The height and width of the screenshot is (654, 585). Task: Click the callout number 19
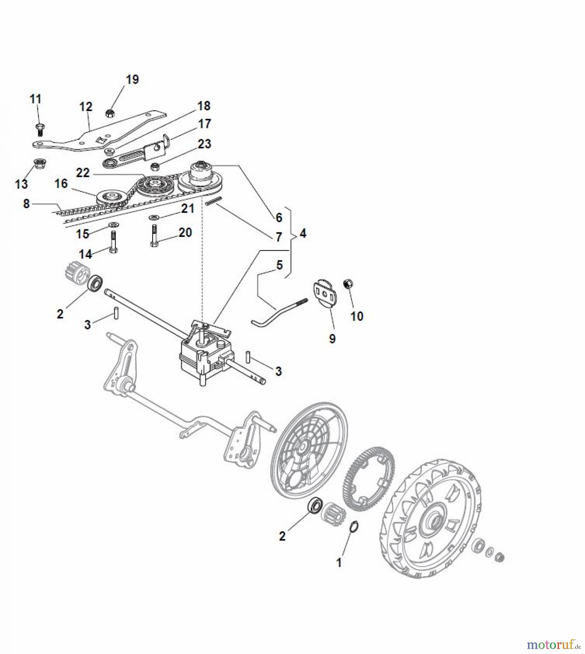click(132, 80)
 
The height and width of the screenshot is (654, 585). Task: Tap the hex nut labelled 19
click(110, 113)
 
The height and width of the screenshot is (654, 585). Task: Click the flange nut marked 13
click(38, 164)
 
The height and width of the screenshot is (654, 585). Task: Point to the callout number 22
click(83, 173)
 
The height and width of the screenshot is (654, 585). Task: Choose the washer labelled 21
click(153, 217)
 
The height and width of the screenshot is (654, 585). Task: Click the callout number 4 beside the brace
click(303, 233)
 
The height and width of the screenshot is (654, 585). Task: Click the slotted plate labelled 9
click(325, 294)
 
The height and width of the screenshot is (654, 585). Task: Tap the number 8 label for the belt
click(26, 204)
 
